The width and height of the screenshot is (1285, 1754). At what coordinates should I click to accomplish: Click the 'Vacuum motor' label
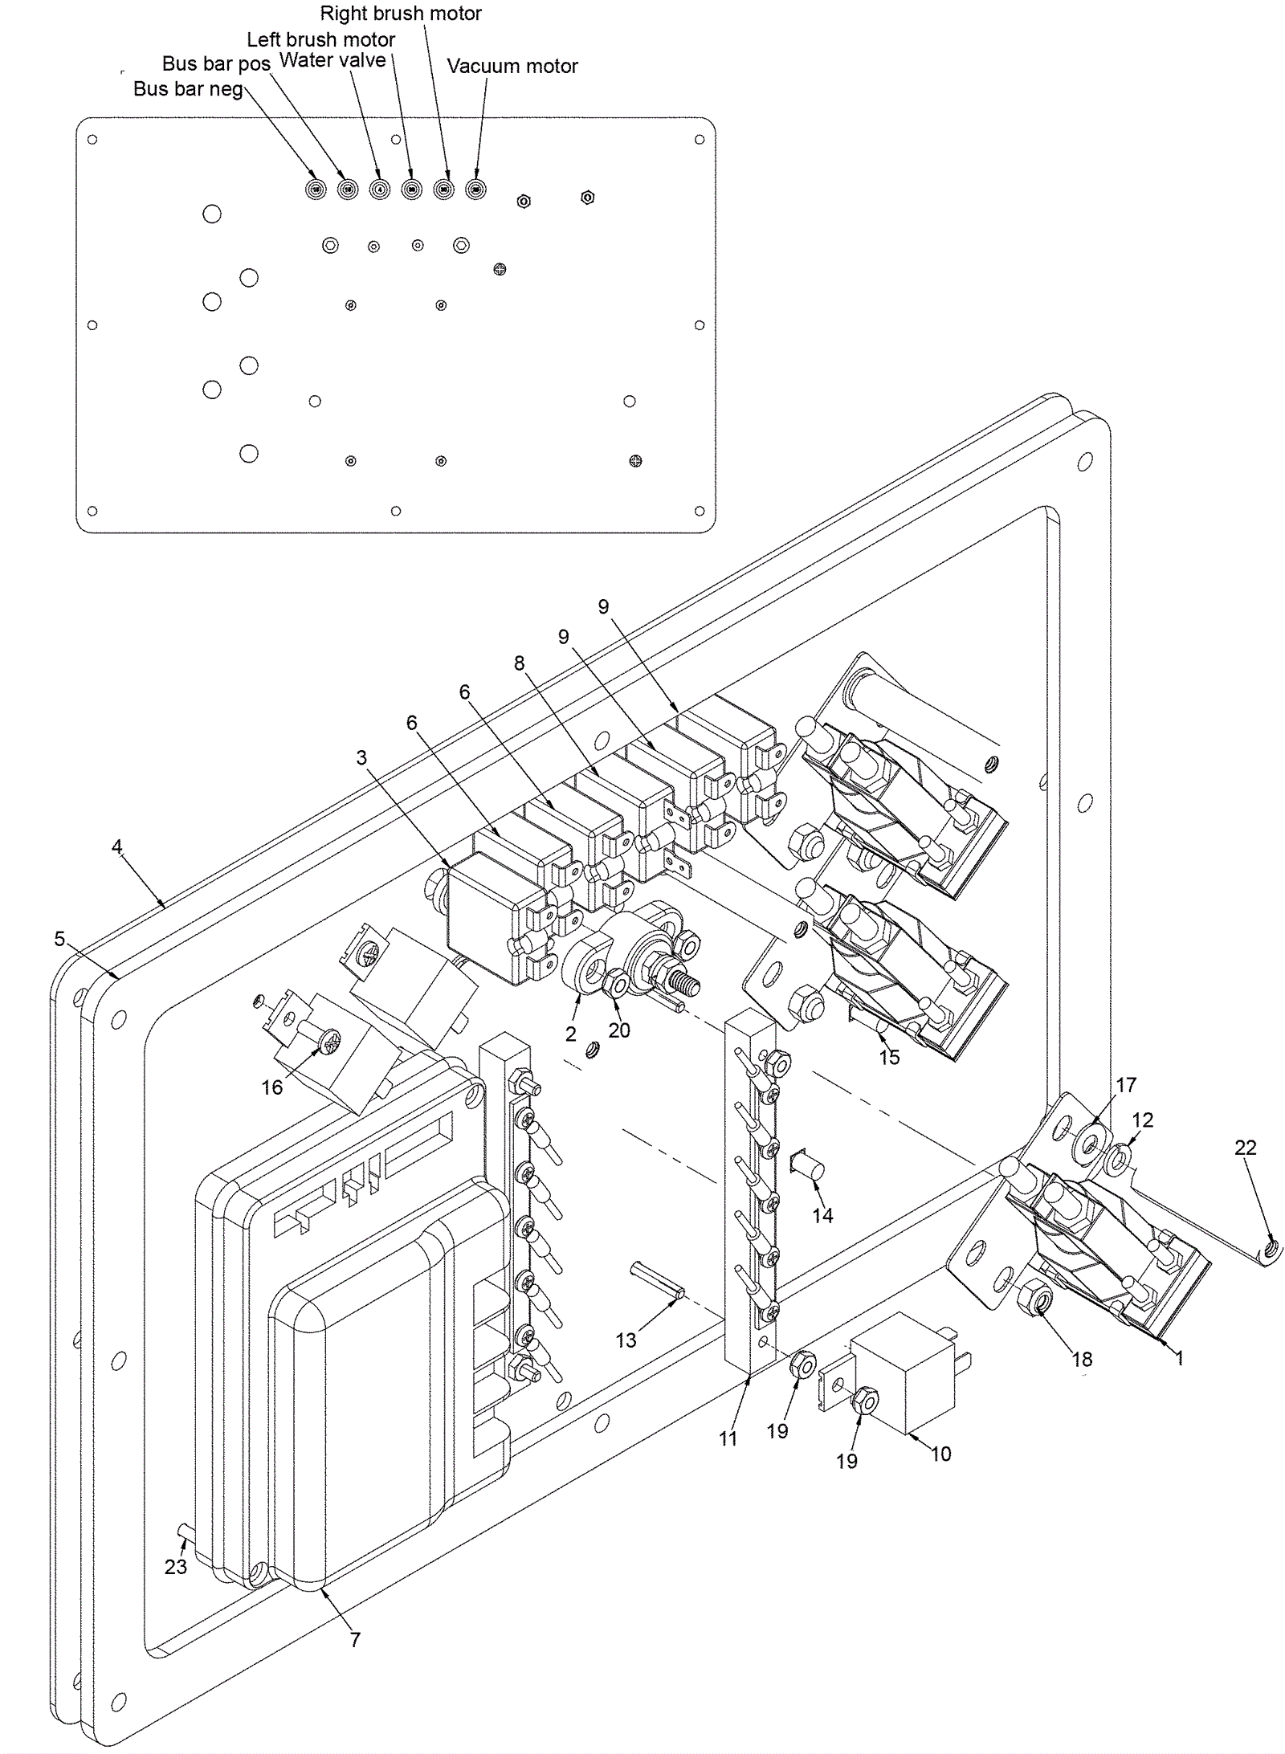[x=512, y=66]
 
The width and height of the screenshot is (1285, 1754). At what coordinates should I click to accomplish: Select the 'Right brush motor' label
[x=401, y=14]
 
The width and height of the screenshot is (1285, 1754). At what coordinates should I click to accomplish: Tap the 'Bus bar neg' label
[x=188, y=89]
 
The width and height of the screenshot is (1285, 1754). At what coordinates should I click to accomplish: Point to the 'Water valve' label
[x=332, y=61]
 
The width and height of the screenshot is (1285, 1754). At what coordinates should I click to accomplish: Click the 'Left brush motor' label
[x=320, y=39]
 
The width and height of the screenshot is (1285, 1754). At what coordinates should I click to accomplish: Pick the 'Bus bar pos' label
[x=216, y=64]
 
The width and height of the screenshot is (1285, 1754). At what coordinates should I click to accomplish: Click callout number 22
[x=1245, y=1148]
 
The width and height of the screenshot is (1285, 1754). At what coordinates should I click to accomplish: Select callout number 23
[x=175, y=1567]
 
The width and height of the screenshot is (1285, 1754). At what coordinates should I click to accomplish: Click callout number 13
[x=626, y=1340]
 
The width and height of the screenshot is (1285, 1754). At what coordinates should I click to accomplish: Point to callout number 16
[x=272, y=1087]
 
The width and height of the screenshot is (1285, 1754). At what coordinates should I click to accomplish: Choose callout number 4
[x=117, y=846]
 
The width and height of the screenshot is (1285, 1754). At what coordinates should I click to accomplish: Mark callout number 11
[x=728, y=1438]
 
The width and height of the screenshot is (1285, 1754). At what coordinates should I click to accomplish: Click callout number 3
[x=361, y=757]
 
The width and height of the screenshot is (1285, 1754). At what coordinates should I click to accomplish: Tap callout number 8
[x=520, y=663]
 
